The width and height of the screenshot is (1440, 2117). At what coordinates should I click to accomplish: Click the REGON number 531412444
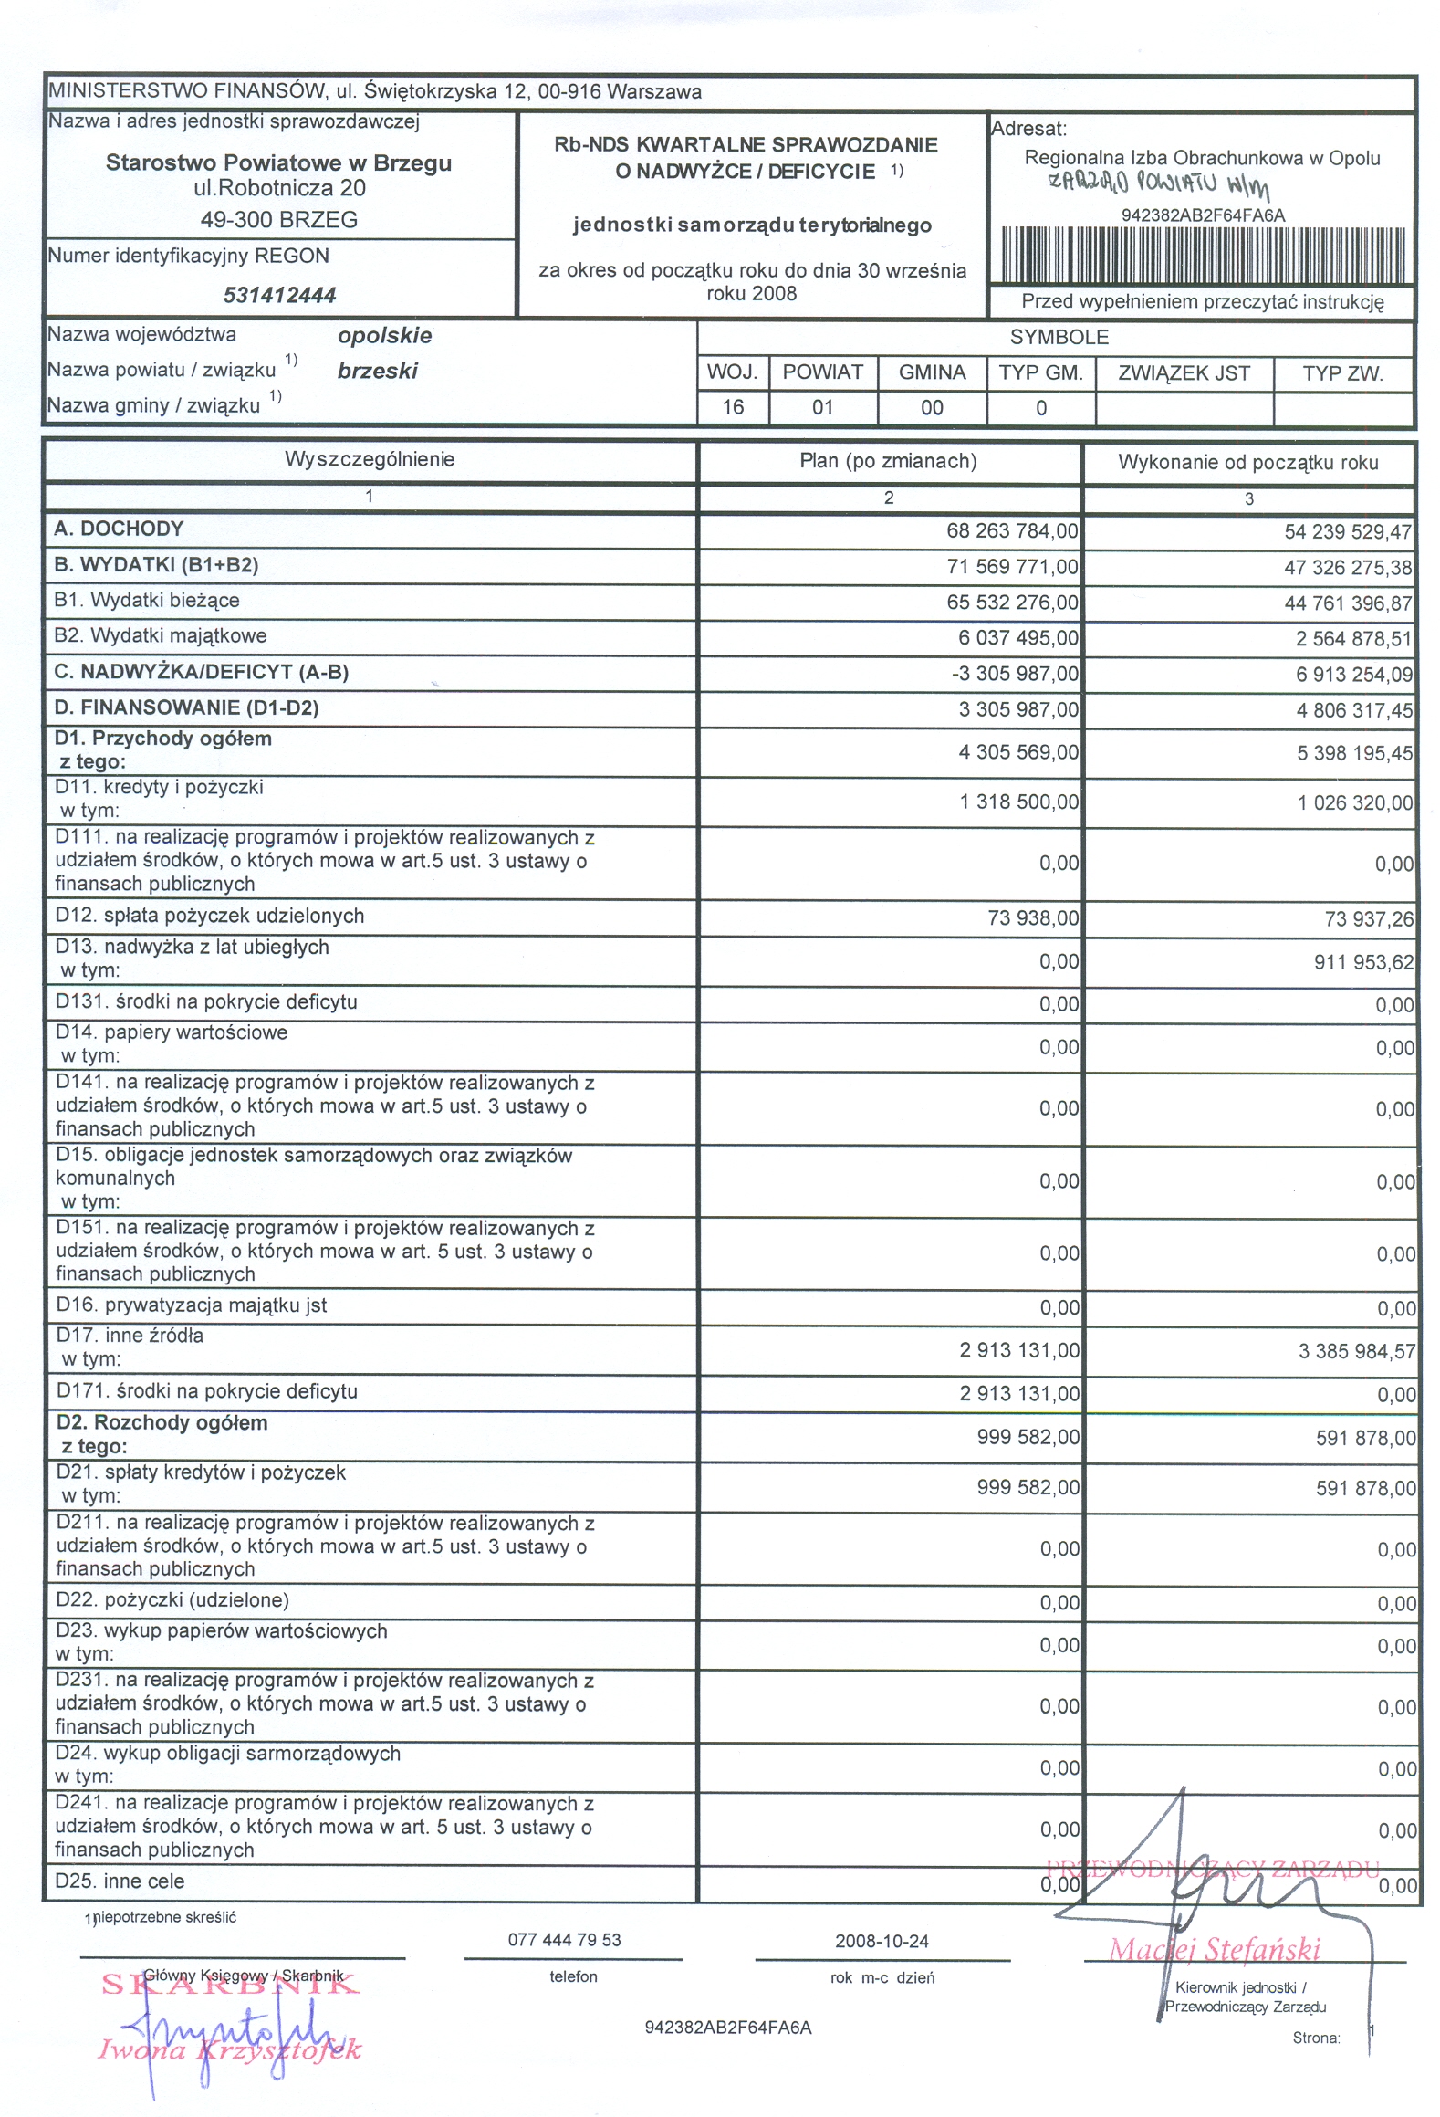pos(279,295)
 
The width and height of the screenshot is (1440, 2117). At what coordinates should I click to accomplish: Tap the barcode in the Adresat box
pos(1203,254)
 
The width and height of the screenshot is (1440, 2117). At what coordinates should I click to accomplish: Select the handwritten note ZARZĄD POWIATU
pos(1157,183)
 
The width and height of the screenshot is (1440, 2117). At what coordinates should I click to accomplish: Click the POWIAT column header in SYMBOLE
pos(822,372)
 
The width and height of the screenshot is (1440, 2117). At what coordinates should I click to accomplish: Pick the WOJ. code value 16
pos(733,407)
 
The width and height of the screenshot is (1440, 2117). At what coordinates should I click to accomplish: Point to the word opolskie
pos(384,335)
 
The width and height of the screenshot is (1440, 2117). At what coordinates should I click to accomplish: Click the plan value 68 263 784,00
pos(1011,530)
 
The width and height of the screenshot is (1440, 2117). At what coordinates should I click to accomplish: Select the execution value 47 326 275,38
pos(1347,568)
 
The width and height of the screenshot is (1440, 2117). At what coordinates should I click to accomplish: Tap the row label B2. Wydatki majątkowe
pos(161,635)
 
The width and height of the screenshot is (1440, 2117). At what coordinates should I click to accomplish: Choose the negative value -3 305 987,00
pos(1014,674)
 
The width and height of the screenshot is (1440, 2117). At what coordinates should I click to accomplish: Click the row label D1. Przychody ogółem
pos(163,739)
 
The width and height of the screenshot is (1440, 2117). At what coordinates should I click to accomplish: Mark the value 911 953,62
pos(1363,962)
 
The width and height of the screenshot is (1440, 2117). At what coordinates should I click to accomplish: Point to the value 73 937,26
pos(1369,919)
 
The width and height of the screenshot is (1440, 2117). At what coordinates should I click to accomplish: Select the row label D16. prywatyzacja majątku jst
pos(191,1305)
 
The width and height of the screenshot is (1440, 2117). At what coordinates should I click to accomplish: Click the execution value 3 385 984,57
pos(1356,1351)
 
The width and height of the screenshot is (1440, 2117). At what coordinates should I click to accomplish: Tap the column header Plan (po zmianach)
pos(888,461)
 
